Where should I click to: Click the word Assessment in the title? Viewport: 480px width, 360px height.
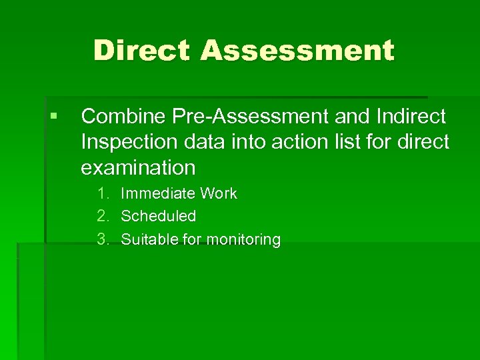pos(297,51)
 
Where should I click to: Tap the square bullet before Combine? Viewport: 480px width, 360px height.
pos(53,116)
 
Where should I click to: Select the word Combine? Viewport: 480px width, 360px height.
pos(123,117)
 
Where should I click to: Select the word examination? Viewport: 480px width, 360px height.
pos(138,167)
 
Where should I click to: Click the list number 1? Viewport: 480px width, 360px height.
pos(103,193)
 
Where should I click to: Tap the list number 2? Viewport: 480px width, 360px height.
pos(103,216)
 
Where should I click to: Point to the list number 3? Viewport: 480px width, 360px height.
pos(103,239)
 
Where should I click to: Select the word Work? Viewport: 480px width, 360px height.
pos(218,193)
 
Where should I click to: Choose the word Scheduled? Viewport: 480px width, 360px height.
pos(159,216)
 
